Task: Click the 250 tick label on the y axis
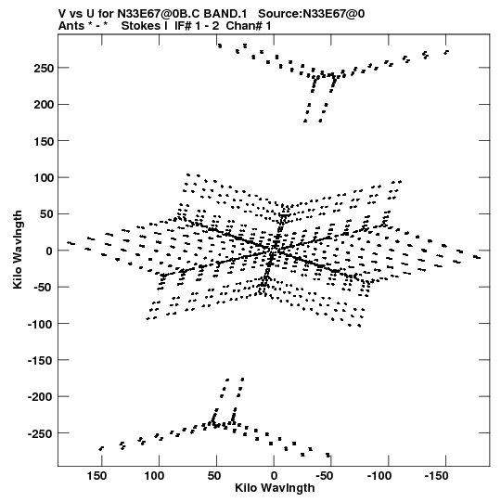click(x=44, y=68)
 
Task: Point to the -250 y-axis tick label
click(x=41, y=433)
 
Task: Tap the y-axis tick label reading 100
click(x=44, y=177)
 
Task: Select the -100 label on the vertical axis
click(x=41, y=324)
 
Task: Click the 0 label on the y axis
click(x=49, y=251)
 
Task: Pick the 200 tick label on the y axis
click(x=44, y=105)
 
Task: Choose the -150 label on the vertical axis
click(x=41, y=360)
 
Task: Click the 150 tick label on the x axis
click(x=96, y=476)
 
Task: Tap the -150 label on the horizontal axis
click(x=436, y=476)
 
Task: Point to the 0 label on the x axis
click(x=274, y=476)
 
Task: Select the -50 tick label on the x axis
click(x=325, y=476)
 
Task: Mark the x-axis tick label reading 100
click(x=154, y=476)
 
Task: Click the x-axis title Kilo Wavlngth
click(x=275, y=488)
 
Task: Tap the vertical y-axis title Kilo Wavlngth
click(x=18, y=250)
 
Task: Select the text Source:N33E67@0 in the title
click(x=311, y=14)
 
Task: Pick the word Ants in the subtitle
click(x=71, y=26)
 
